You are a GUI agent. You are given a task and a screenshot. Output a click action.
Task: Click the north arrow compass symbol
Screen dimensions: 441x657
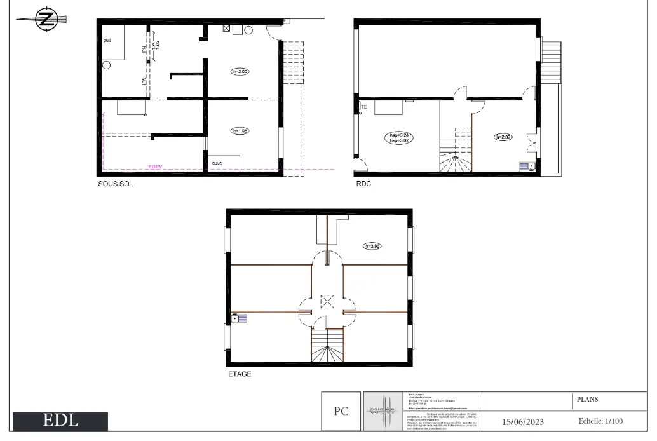pyautogui.click(x=45, y=20)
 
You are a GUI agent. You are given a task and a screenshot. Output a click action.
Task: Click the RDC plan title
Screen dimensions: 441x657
pyautogui.click(x=363, y=184)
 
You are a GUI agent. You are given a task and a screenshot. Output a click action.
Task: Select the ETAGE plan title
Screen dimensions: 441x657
pyautogui.click(x=240, y=374)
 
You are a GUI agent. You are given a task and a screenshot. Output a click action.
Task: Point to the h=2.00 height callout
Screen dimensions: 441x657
pyautogui.click(x=240, y=72)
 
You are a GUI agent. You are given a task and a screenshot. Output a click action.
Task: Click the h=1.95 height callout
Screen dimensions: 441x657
pyautogui.click(x=240, y=131)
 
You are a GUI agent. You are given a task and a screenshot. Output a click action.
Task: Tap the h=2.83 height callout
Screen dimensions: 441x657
pyautogui.click(x=503, y=137)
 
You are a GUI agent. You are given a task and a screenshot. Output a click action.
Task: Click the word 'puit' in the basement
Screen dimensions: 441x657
pyautogui.click(x=107, y=40)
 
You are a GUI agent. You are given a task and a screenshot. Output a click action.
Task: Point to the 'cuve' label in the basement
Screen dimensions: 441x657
pyautogui.click(x=217, y=163)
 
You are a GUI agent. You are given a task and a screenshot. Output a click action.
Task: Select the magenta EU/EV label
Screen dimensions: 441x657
pyautogui.click(x=154, y=167)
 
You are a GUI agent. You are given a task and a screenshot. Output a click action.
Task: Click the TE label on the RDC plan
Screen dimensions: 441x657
pyautogui.click(x=364, y=107)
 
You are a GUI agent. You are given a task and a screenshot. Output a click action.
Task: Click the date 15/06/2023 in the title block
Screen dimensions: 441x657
pyautogui.click(x=523, y=421)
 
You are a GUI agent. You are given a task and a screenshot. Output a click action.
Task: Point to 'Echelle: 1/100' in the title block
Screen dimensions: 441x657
pyautogui.click(x=600, y=421)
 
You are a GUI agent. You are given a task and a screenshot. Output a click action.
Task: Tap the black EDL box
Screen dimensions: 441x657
pyautogui.click(x=60, y=421)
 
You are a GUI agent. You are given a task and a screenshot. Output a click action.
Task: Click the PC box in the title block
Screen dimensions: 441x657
pyautogui.click(x=341, y=411)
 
